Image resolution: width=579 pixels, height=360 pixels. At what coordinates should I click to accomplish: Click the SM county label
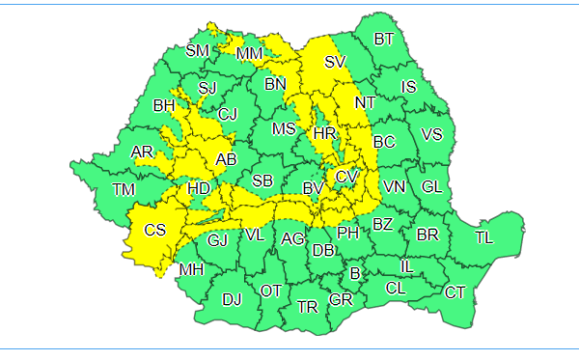197,50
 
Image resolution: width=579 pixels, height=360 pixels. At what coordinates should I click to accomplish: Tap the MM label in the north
249,53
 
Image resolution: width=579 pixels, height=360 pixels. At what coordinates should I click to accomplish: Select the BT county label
384,39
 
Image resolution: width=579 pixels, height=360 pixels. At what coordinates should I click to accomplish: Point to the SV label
335,62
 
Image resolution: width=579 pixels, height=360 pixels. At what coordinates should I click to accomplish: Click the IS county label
409,87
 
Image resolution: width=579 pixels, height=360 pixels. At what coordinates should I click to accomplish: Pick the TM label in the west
123,189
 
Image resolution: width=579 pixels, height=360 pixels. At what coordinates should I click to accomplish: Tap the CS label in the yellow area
154,230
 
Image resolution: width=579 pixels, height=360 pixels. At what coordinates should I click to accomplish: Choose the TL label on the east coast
483,237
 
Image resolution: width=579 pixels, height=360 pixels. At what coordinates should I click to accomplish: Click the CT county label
455,291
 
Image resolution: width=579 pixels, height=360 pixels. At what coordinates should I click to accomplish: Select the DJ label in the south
232,299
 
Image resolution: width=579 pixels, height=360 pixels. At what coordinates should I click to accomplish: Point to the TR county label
307,307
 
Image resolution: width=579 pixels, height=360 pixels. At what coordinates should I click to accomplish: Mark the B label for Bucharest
355,274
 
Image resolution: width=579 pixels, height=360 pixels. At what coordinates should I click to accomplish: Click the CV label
346,177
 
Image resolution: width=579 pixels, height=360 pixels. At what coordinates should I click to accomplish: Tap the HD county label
198,188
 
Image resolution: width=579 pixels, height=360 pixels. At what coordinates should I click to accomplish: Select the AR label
142,152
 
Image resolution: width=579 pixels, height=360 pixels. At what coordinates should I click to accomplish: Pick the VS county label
431,134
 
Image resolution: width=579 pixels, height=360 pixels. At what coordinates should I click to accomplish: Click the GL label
431,186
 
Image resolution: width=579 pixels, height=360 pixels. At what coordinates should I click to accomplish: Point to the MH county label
191,269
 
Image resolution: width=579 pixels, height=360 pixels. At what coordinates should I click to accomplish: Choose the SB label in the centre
262,180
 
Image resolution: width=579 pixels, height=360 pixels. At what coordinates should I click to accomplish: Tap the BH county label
164,105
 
